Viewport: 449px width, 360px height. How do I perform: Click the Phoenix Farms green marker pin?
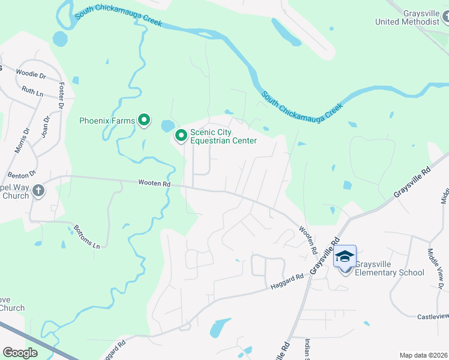point(144,121)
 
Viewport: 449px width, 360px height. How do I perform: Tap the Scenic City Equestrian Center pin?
point(181,136)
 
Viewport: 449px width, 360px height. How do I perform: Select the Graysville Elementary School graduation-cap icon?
point(345,256)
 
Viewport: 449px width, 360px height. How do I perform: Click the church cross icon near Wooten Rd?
point(38,191)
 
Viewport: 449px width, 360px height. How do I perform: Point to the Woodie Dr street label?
point(31,76)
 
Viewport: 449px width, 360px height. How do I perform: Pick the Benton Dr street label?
point(18,176)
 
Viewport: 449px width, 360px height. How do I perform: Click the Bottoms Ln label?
point(87,236)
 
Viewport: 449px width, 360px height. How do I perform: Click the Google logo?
point(20,353)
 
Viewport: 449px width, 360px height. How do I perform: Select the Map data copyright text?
point(424,355)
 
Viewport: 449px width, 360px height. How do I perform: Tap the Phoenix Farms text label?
point(107,121)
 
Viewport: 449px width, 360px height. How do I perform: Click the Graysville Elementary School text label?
point(390,268)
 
